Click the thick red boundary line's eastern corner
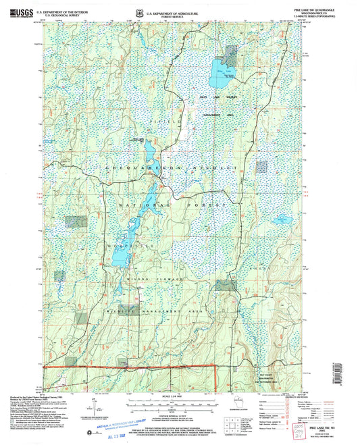coord(215,367)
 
